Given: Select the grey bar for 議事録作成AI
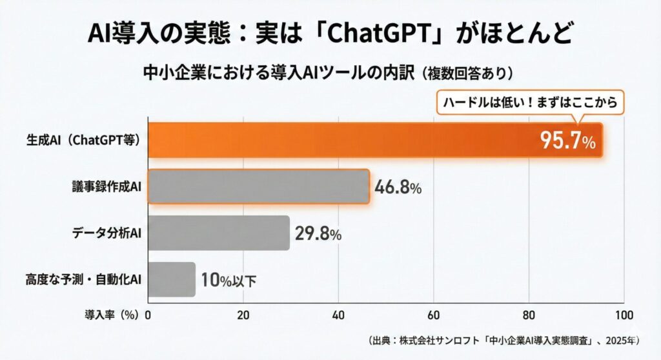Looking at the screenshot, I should pyautogui.click(x=258, y=186).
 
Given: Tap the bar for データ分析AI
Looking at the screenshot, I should pyautogui.click(x=219, y=233).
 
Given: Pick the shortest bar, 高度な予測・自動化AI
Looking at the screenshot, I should pyautogui.click(x=172, y=279).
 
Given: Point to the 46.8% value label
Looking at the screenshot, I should pyautogui.click(x=398, y=188).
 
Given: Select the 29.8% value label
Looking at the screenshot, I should pyautogui.click(x=318, y=234).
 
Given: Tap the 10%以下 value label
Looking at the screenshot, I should pyautogui.click(x=228, y=281).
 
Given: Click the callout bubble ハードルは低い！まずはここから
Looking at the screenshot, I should pyautogui.click(x=531, y=101).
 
